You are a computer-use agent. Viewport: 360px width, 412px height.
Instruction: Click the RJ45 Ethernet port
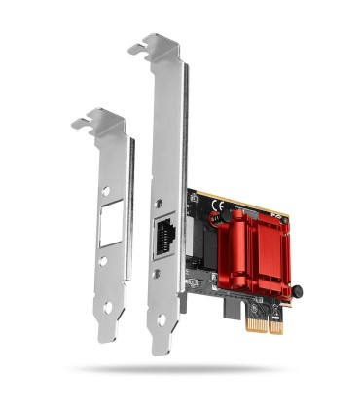[x=164, y=234]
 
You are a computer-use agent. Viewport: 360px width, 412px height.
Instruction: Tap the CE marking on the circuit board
[x=219, y=205]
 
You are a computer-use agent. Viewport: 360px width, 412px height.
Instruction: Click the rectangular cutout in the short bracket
[x=109, y=230]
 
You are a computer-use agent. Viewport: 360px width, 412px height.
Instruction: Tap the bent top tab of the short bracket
[x=97, y=122]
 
